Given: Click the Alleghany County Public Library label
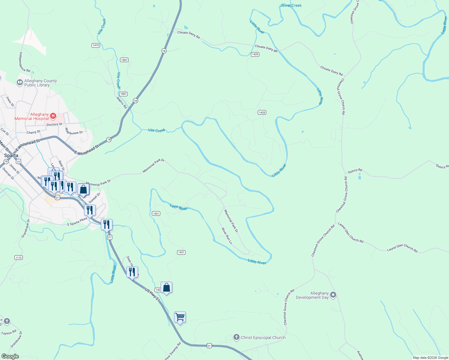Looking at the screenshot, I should (40, 83).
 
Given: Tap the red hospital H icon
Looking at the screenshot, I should (53, 116).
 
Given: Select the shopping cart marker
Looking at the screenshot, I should (180, 317).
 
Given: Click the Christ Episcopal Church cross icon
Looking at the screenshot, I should (237, 337).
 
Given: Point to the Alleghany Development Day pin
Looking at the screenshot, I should (333, 295).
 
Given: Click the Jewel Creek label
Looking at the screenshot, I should (291, 5).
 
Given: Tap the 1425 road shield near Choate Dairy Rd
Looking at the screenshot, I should (255, 54).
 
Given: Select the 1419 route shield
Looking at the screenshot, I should (96, 45).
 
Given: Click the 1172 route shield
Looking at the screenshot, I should (19, 258).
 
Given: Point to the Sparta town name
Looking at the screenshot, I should (11, 155).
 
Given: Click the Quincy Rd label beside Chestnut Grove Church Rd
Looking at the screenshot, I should (355, 171).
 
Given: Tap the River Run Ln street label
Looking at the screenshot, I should (227, 236).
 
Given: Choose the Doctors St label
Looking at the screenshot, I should (54, 124).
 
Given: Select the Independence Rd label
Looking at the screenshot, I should (25, 62).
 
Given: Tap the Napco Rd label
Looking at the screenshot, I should (122, 103).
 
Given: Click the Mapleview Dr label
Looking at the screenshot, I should (74, 131).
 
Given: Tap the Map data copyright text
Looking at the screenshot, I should (430, 358).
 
